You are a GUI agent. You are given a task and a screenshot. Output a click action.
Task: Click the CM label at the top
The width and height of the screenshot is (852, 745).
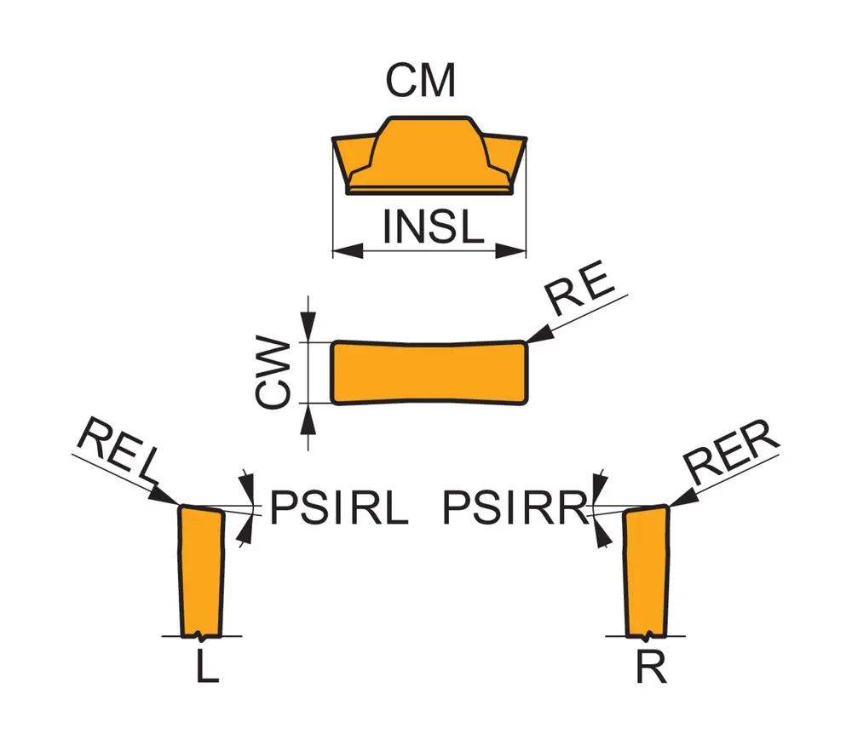click(x=420, y=82)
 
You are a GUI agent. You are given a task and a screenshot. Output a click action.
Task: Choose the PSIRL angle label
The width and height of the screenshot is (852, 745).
click(x=339, y=509)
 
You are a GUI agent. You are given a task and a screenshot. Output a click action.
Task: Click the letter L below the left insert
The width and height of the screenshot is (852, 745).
click(x=206, y=668)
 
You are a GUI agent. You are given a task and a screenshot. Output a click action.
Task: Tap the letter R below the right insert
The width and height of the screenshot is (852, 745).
click(x=651, y=668)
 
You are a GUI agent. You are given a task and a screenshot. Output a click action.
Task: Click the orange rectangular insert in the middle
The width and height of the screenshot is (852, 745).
click(x=429, y=372)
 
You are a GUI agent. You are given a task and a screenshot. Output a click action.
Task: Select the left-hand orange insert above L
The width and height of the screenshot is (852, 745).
click(x=201, y=570)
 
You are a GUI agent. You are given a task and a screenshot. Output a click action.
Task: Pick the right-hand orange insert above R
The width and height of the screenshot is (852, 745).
click(x=648, y=570)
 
